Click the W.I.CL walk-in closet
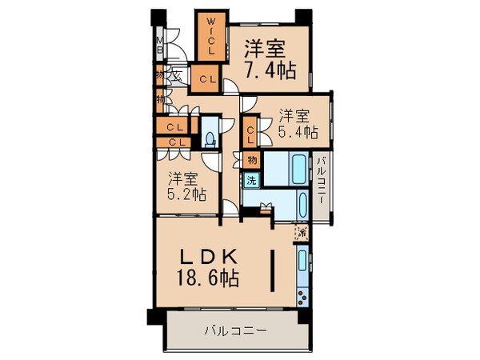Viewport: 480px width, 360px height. (x=211, y=36)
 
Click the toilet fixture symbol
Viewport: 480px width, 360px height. (x=210, y=138)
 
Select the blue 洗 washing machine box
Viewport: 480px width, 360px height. (x=250, y=180)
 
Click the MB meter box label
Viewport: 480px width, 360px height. (x=160, y=46)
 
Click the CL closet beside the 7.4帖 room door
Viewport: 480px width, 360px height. (x=206, y=78)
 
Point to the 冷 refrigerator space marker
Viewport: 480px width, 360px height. (x=301, y=234)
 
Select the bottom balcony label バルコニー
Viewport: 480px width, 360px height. (x=234, y=330)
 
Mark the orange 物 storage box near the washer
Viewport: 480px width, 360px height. (x=250, y=161)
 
